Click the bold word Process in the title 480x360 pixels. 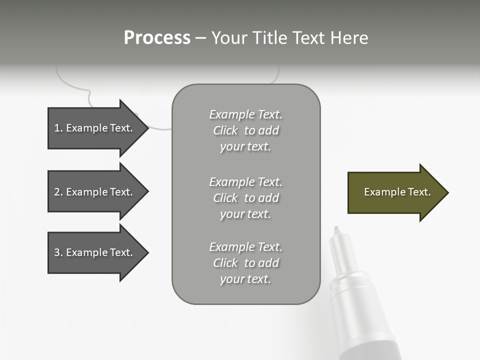(157, 38)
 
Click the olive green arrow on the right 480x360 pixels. (395, 192)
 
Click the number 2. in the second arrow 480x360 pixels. (58, 192)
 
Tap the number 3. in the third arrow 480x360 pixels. (58, 252)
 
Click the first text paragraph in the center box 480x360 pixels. (245, 130)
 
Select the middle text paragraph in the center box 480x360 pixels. (245, 198)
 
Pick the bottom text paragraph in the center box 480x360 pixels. (245, 263)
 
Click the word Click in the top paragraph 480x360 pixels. (225, 130)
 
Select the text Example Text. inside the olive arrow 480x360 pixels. (397, 192)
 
